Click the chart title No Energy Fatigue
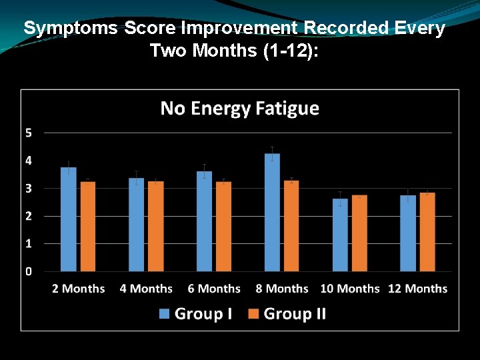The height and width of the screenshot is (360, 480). pyautogui.click(x=240, y=109)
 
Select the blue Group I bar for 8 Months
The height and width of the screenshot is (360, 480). pyautogui.click(x=272, y=213)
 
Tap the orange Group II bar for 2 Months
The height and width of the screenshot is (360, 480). pyautogui.click(x=88, y=227)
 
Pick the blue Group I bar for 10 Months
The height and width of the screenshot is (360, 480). pyautogui.click(x=340, y=235)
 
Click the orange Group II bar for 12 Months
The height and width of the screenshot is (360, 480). pyautogui.click(x=427, y=232)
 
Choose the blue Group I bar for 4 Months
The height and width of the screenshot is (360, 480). pyautogui.click(x=136, y=225)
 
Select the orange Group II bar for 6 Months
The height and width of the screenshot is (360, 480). pyautogui.click(x=224, y=227)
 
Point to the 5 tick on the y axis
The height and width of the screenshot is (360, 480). pyautogui.click(x=29, y=133)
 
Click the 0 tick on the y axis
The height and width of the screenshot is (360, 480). pyautogui.click(x=29, y=271)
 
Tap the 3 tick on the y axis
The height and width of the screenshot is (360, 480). pyautogui.click(x=29, y=189)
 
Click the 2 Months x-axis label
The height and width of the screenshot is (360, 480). pyautogui.click(x=79, y=289)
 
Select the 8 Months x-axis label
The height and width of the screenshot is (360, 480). pyautogui.click(x=282, y=289)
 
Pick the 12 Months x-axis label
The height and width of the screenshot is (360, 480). pyautogui.click(x=417, y=289)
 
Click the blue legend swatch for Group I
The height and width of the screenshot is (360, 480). pyautogui.click(x=165, y=313)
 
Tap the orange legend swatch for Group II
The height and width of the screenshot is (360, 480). pyautogui.click(x=253, y=313)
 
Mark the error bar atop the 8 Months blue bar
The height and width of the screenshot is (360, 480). pyautogui.click(x=272, y=153)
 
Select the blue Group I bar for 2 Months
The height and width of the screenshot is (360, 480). pyautogui.click(x=69, y=219)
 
